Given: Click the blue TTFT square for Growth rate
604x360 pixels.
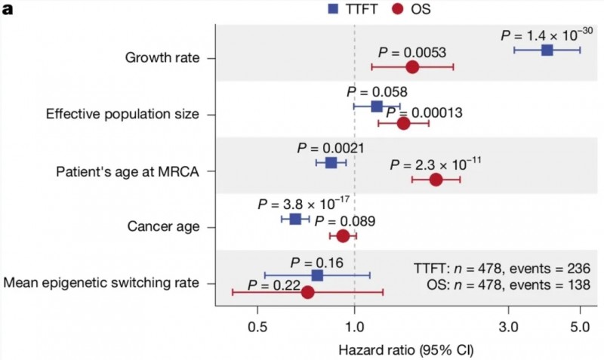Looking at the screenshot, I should point(547,50).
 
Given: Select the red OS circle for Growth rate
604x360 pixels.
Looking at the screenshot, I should point(412,67).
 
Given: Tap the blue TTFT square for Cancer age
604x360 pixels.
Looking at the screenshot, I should point(295,219).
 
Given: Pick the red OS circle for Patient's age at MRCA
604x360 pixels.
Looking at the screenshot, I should point(436,180).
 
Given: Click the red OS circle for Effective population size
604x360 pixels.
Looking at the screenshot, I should point(403,123).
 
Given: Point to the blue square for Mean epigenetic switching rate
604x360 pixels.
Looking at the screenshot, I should point(317,275).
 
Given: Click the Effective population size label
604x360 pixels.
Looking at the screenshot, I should point(122,115).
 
